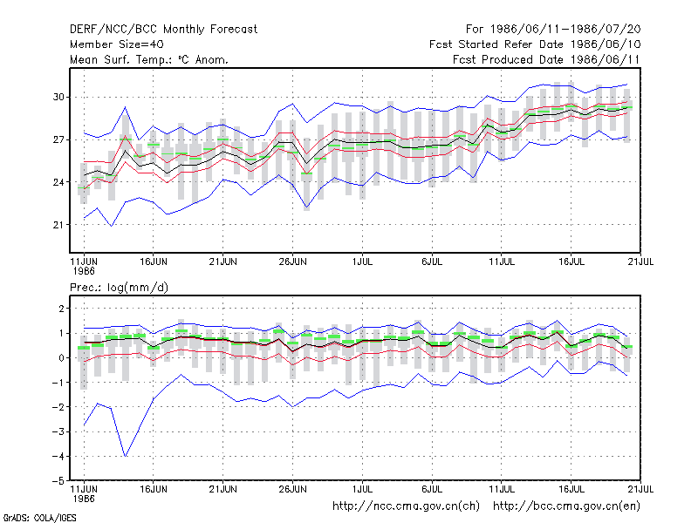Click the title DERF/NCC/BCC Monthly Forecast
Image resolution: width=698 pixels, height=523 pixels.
click(x=163, y=30)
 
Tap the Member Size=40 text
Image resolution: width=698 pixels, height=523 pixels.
click(x=117, y=44)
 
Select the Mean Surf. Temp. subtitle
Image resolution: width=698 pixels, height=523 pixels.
click(x=149, y=59)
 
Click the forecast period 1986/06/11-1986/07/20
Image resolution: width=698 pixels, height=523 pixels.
click(x=553, y=30)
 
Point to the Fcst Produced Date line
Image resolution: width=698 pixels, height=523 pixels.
click(x=546, y=59)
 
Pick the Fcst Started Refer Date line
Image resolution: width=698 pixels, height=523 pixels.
click(x=535, y=44)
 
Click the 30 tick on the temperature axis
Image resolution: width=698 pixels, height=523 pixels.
click(x=58, y=97)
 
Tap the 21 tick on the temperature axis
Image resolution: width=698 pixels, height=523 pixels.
click(x=58, y=225)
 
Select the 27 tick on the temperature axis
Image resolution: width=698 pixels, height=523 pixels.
click(x=58, y=140)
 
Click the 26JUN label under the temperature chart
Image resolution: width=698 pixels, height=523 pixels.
click(x=292, y=261)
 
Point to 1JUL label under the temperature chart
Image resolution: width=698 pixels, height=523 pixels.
click(x=362, y=261)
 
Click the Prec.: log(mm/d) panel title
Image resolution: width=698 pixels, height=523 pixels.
click(x=119, y=288)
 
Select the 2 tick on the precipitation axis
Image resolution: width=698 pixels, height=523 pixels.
click(x=61, y=309)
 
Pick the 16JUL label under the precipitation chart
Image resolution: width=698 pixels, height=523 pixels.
click(x=571, y=489)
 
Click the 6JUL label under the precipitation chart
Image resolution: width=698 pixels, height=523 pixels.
click(x=432, y=489)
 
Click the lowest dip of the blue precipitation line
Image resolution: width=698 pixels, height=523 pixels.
click(x=126, y=456)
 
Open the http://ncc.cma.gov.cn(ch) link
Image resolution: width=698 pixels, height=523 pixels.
click(x=406, y=506)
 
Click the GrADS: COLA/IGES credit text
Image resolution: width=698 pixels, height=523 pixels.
click(x=39, y=518)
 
